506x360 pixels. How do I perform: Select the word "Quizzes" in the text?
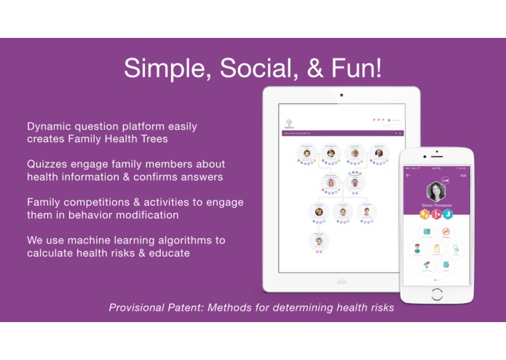[49, 164]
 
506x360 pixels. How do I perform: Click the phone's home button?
[437, 294]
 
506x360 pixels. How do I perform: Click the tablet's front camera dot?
[341, 95]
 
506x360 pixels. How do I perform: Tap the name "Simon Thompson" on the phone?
[437, 206]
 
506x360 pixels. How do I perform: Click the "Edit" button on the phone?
[463, 176]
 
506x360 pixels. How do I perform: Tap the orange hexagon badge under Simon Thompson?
[426, 215]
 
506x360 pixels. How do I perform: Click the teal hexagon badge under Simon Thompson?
[448, 215]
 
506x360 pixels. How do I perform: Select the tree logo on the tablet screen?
[289, 122]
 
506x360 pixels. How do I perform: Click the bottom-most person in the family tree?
[319, 241]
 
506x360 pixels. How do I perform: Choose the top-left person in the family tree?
[307, 153]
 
